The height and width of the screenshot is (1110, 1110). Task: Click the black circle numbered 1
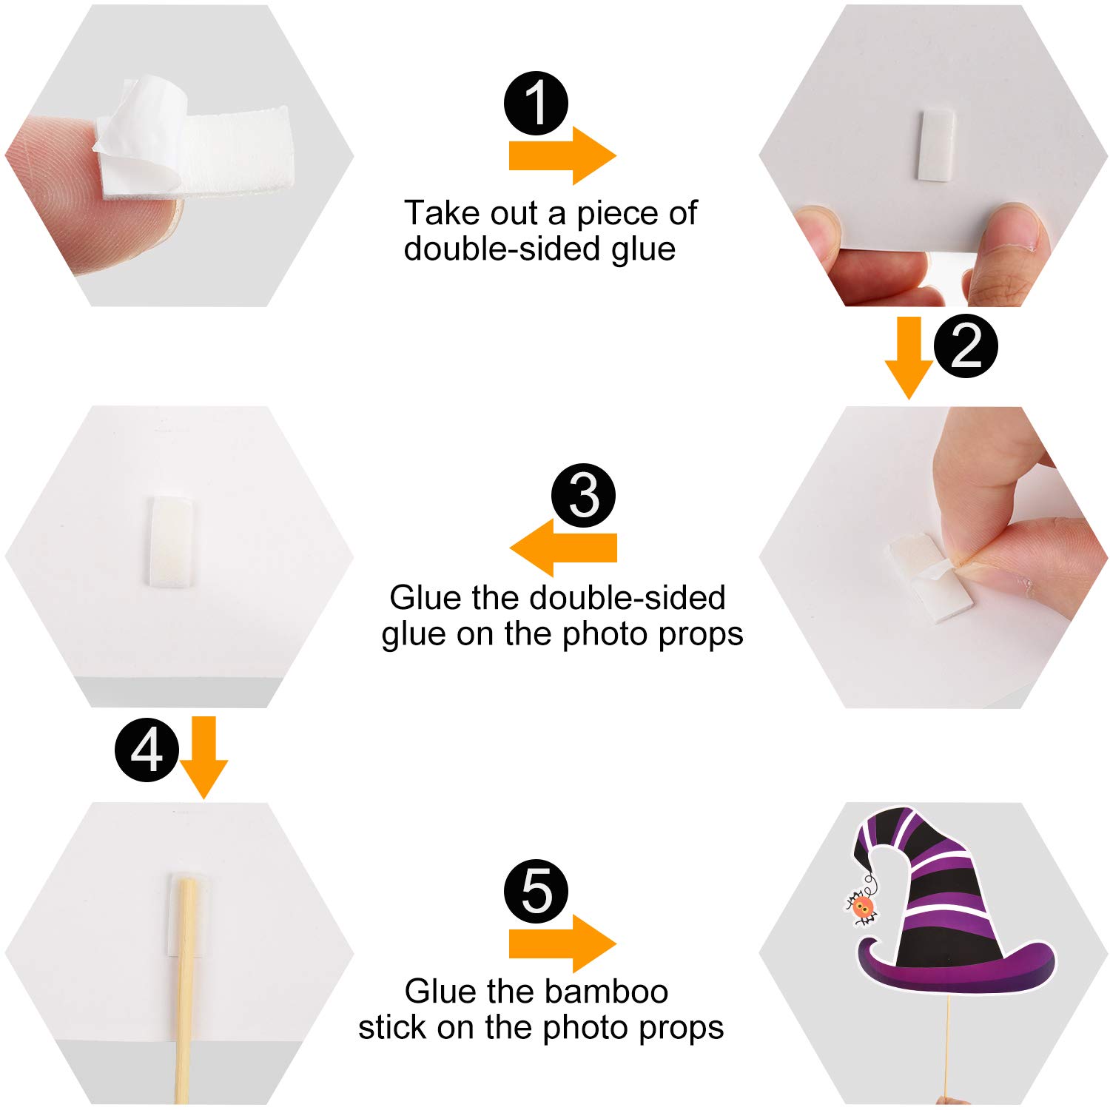coord(536,103)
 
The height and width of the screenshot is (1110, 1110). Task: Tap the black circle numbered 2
coord(966,346)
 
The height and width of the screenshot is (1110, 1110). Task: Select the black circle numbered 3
coord(584,495)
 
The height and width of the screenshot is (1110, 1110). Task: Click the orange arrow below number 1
coord(562,155)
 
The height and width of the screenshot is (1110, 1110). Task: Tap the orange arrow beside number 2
coord(909,358)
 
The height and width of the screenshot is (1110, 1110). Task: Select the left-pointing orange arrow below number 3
coord(563,548)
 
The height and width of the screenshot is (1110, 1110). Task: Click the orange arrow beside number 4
coord(203,758)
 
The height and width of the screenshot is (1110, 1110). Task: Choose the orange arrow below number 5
coord(562,943)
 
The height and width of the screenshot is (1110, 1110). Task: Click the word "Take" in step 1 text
coord(435,213)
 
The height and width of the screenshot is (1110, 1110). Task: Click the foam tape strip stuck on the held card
coord(936,145)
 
